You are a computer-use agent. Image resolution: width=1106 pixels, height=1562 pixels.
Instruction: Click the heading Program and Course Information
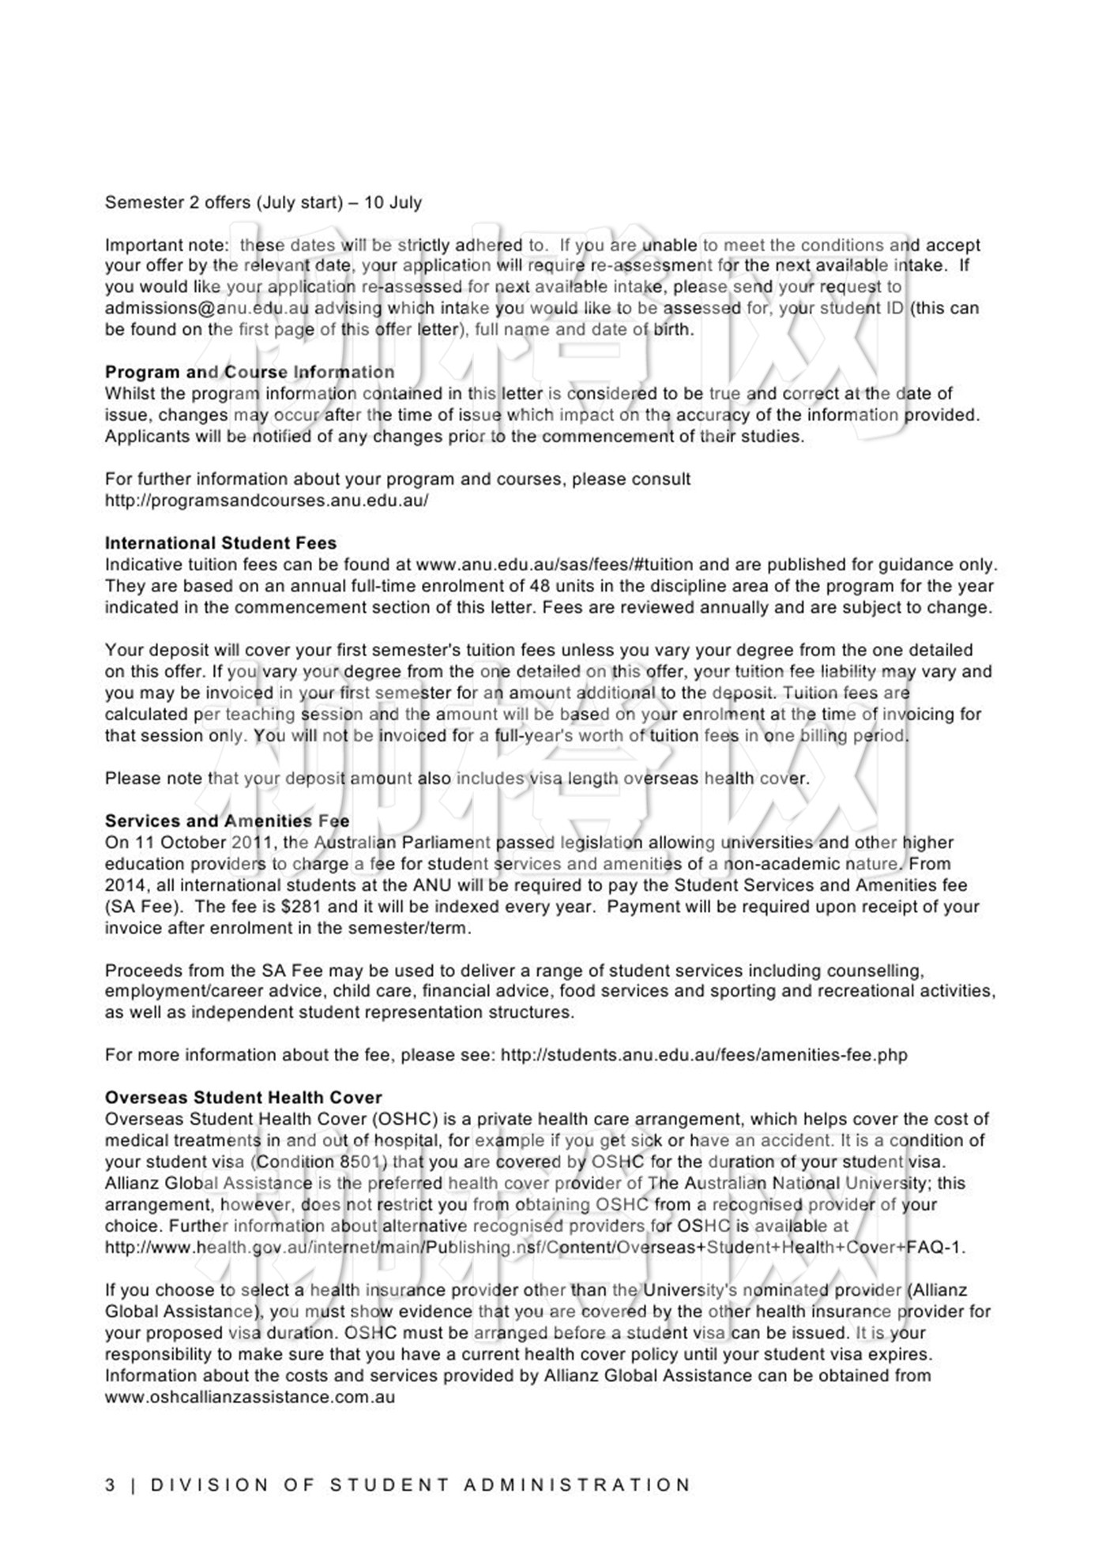click(x=250, y=372)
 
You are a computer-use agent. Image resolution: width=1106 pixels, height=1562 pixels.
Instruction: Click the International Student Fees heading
click(x=220, y=543)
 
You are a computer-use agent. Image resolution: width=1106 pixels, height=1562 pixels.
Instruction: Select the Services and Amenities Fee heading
click(x=227, y=821)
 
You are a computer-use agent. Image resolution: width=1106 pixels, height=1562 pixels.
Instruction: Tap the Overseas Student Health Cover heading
click(x=243, y=1098)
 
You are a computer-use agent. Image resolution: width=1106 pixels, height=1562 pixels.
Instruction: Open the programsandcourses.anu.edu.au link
click(x=266, y=501)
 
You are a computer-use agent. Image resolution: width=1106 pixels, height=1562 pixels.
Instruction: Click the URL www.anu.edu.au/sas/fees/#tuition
click(x=543, y=565)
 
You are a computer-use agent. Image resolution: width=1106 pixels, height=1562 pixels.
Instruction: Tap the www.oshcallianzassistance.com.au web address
click(x=250, y=1397)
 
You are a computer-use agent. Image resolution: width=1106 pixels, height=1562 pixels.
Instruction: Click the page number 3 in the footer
click(x=110, y=1485)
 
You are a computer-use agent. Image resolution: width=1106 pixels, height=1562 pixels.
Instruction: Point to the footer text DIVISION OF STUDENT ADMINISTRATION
click(x=420, y=1485)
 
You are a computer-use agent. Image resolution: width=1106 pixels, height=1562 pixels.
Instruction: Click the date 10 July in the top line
click(x=393, y=202)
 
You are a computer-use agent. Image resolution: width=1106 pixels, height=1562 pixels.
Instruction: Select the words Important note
click(x=165, y=245)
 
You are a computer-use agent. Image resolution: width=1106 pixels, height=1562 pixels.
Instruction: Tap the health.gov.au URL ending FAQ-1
click(x=535, y=1248)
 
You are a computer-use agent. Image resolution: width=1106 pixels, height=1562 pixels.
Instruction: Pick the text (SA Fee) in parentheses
click(x=144, y=907)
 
